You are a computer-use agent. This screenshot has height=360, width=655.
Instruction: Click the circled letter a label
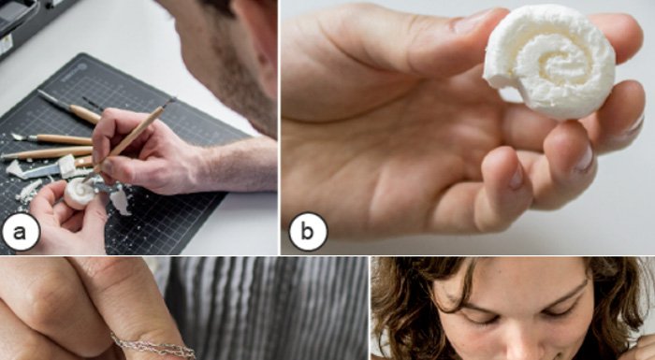pos(21,232)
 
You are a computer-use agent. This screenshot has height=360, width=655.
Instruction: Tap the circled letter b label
pos(308,232)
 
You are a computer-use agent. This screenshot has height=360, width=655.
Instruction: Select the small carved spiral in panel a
pos(80,193)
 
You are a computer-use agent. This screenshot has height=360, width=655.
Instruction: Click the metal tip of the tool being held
pos(168,102)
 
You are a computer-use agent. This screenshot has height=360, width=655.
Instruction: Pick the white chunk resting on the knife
pos(66,165)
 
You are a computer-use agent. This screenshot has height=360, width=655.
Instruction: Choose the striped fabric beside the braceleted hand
pos(268,309)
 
